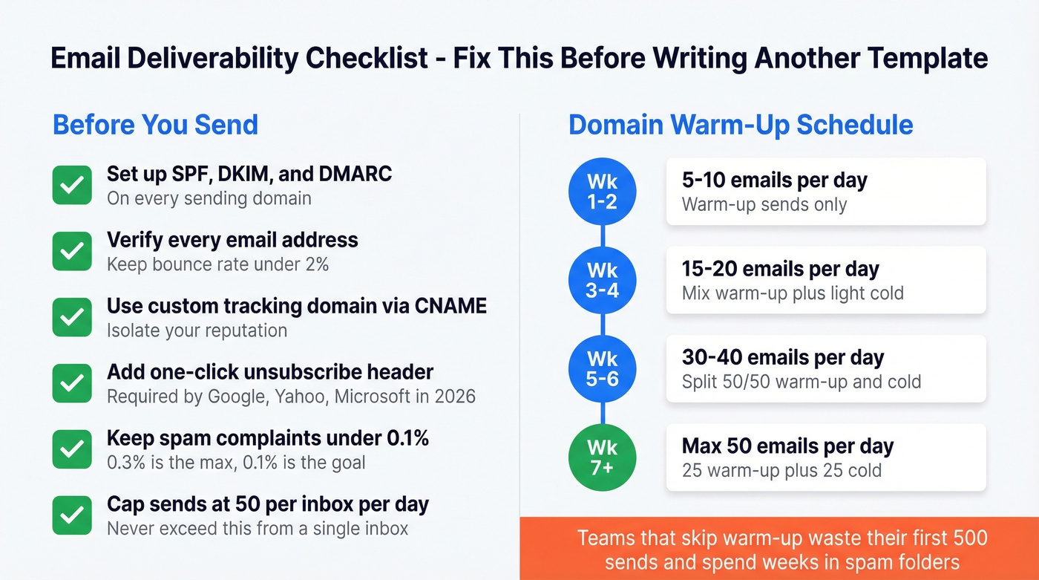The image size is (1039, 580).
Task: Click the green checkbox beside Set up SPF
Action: pos(72,185)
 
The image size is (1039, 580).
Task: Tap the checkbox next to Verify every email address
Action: pos(72,251)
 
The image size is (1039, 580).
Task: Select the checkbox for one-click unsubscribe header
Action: pos(72,383)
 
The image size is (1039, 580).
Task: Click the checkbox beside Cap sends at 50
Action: pos(72,515)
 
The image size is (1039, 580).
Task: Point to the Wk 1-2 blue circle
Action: pos(603,191)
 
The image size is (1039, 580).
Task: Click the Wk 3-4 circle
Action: pos(603,279)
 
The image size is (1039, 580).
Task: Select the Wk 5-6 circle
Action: pos(603,368)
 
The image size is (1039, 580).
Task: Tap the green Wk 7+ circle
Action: pos(603,457)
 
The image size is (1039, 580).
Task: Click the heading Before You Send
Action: pos(155,124)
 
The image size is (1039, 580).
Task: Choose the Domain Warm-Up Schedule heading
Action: pos(741,124)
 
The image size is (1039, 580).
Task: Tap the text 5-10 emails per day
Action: pos(774,180)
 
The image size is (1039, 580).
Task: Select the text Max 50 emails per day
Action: pos(787,446)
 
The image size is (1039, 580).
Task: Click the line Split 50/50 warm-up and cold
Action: pos(801,382)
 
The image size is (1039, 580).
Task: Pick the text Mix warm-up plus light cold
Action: pos(793,293)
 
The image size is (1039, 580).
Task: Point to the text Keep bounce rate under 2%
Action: pos(217,264)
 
